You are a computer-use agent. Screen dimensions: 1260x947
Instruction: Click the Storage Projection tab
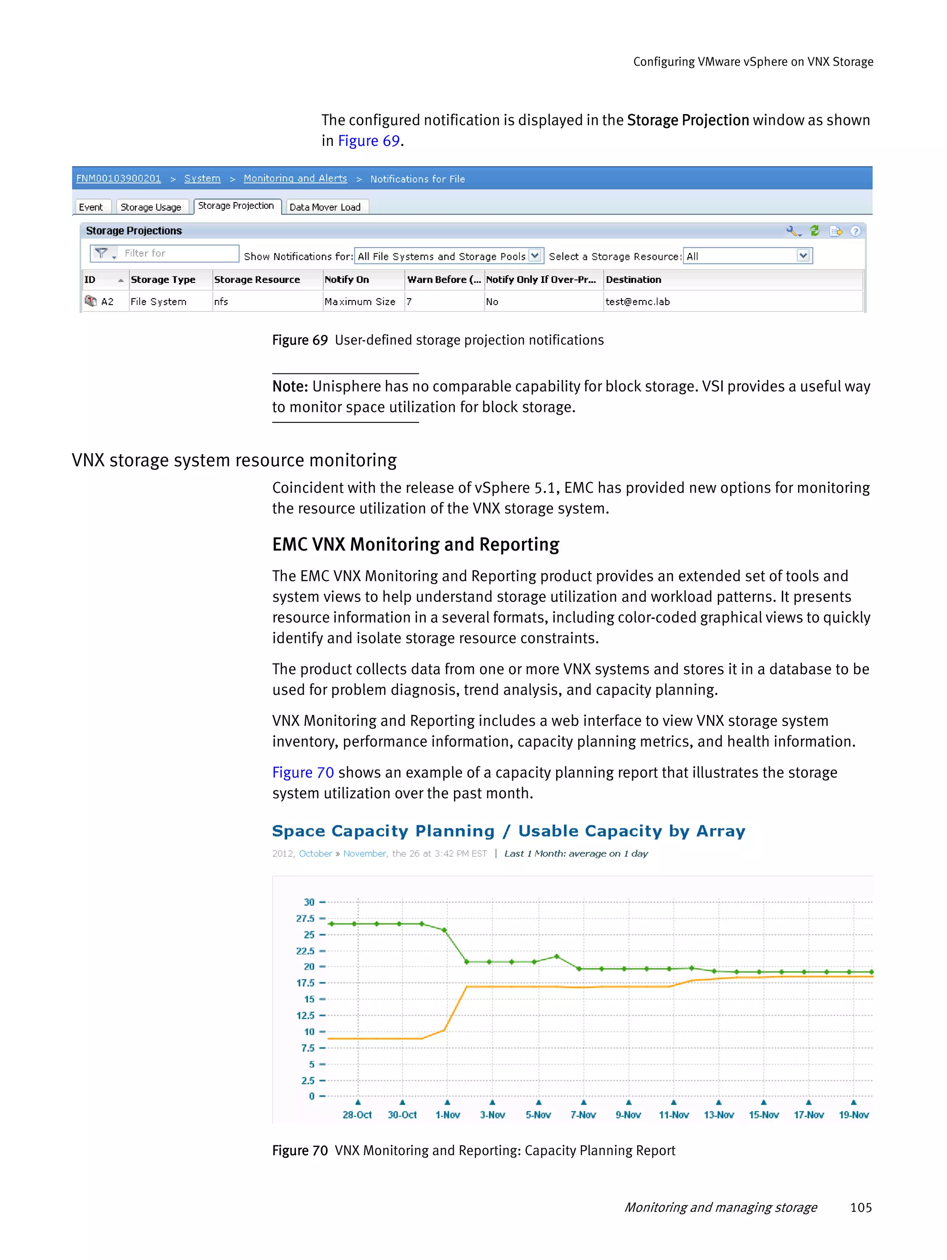(x=236, y=206)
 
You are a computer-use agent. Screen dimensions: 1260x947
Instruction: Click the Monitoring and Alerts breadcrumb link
(x=295, y=178)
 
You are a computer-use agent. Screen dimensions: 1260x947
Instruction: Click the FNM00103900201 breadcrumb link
(x=118, y=178)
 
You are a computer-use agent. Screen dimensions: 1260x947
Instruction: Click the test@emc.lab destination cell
(x=637, y=301)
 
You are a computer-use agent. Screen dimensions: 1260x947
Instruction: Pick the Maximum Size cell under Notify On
(x=360, y=301)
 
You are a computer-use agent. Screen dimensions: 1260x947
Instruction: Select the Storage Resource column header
(x=257, y=280)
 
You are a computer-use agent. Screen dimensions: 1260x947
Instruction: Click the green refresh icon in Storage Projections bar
(x=815, y=231)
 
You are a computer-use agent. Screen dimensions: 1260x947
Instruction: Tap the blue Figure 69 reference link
(x=369, y=141)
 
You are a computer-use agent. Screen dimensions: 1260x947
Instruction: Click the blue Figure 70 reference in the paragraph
(x=302, y=772)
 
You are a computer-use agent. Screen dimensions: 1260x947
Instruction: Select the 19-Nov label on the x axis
(x=853, y=1115)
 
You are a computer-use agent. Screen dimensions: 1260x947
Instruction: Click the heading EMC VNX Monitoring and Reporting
(x=415, y=544)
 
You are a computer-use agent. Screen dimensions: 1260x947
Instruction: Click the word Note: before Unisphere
(x=290, y=386)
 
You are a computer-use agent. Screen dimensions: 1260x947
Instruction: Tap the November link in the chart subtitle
(x=365, y=853)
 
